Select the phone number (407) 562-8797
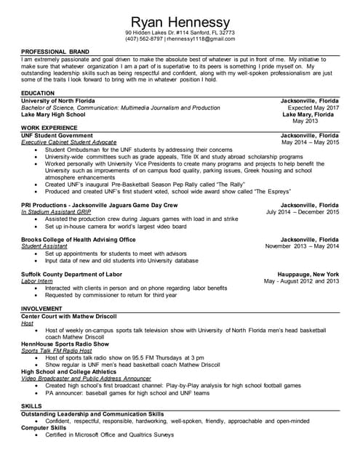tap(143, 39)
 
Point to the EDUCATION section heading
tap(38, 93)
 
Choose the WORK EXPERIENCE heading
tap(50, 128)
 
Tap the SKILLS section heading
tap(31, 405)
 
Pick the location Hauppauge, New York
tap(309, 274)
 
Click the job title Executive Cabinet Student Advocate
tap(68, 142)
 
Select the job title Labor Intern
tap(37, 280)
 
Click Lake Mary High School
tap(52, 115)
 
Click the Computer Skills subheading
tap(44, 428)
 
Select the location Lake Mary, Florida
tap(310, 115)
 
